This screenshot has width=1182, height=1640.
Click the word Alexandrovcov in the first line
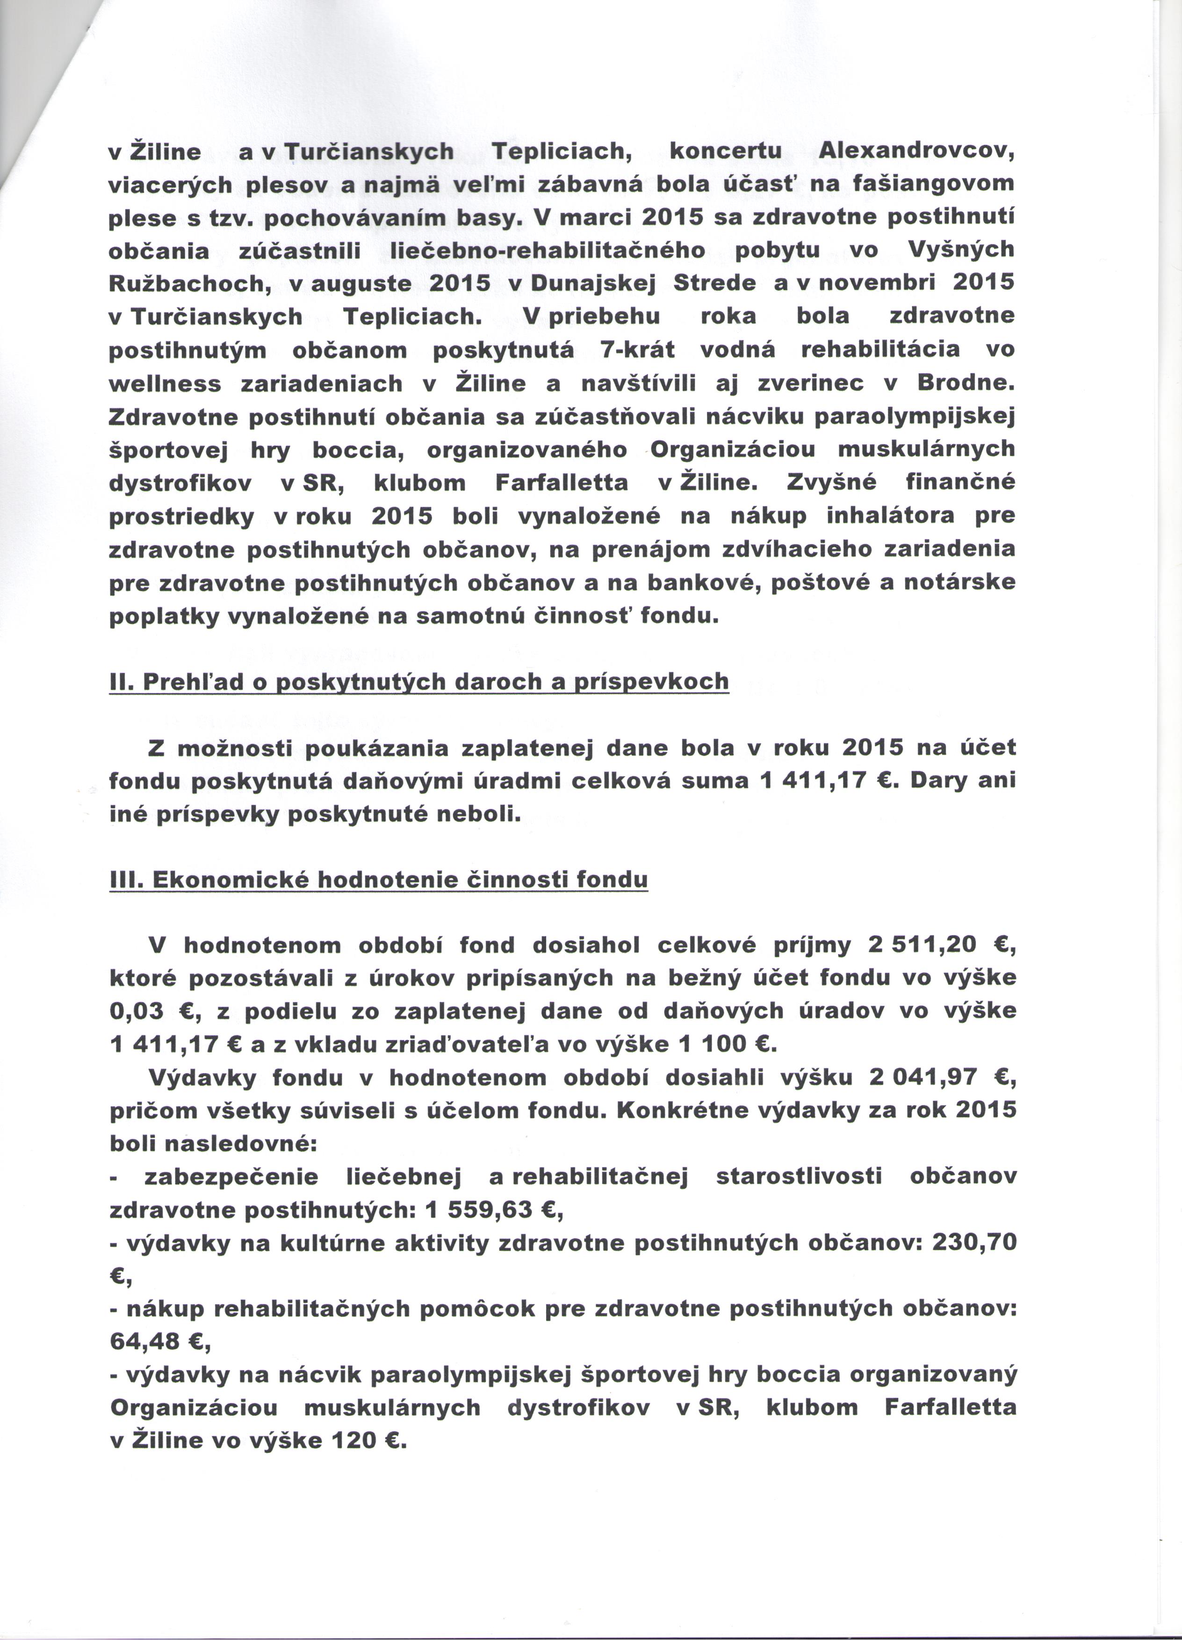tap(917, 152)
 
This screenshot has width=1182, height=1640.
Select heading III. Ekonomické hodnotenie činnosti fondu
tap(378, 880)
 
